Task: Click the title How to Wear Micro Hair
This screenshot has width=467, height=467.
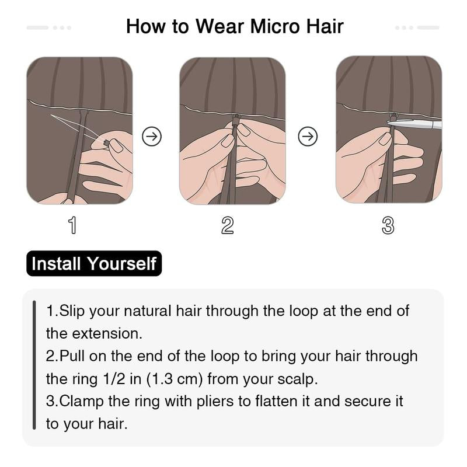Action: [x=235, y=26]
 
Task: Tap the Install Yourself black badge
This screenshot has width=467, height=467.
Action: [x=94, y=263]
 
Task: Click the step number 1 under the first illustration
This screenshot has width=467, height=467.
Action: [x=72, y=225]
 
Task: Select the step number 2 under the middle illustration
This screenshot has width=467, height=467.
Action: [x=228, y=225]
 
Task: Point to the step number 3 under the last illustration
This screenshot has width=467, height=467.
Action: [x=388, y=225]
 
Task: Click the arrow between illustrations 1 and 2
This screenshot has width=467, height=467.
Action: [x=152, y=137]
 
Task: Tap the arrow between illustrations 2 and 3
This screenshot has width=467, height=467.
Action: [x=308, y=137]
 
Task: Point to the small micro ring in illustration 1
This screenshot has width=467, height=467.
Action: [x=106, y=142]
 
